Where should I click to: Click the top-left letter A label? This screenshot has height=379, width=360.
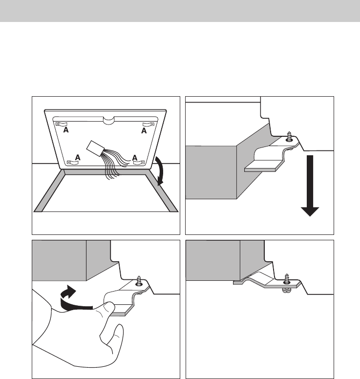66,130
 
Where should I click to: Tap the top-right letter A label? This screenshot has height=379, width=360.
144,131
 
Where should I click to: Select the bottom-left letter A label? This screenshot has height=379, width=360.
78,157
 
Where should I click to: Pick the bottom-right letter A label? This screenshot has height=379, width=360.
135,158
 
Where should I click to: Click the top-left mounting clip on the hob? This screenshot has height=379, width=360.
62,124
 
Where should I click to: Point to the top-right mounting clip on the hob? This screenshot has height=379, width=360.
148,124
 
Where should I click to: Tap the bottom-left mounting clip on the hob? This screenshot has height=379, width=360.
73,163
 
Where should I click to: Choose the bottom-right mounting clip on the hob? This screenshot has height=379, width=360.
139,162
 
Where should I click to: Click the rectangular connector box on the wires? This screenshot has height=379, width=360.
95,148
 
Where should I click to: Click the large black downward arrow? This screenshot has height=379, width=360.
310,186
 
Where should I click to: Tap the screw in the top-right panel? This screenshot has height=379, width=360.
289,137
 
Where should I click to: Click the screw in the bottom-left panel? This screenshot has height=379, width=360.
139,281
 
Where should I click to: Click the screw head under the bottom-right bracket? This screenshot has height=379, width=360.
287,290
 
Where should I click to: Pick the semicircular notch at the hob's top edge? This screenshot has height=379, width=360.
108,120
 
